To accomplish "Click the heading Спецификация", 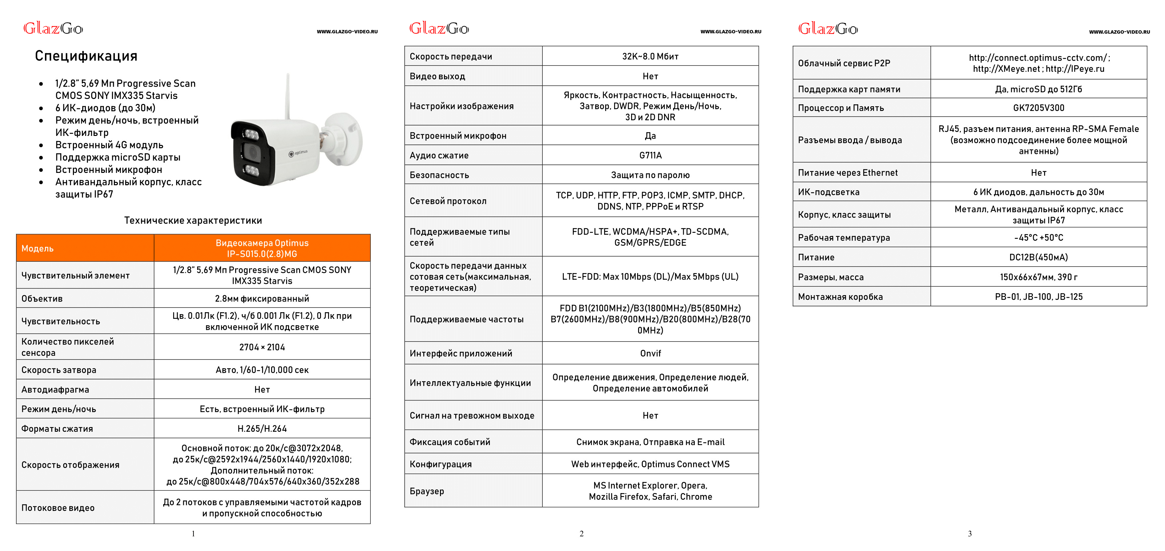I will [x=86, y=56].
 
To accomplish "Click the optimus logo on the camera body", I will [x=298, y=153].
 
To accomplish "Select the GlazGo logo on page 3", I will [x=828, y=29].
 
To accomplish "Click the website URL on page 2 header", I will [x=731, y=32].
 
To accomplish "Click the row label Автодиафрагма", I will [x=55, y=389].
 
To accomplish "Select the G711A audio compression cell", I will [x=650, y=155].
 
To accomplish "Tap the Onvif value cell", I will [x=650, y=353].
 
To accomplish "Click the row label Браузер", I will [x=427, y=491].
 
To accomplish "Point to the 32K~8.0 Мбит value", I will [x=650, y=56].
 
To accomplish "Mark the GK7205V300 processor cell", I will [x=1038, y=108].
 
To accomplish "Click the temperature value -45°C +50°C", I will [x=1038, y=238].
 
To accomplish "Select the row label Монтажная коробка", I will [x=840, y=297].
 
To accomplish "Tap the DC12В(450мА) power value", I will [x=1038, y=257].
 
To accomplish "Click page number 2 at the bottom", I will [x=582, y=534].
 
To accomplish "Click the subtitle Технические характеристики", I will [x=193, y=220].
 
